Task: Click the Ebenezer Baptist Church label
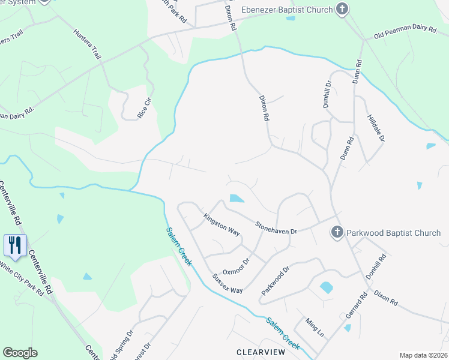pos(286,10)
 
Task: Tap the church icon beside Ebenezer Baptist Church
pos(342,9)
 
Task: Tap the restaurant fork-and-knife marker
pos(15,245)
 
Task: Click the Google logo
pos(20,353)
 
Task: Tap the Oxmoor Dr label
pos(235,263)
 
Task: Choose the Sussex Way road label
pos(228,284)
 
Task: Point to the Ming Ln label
pos(314,328)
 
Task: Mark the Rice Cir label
pos(143,107)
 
